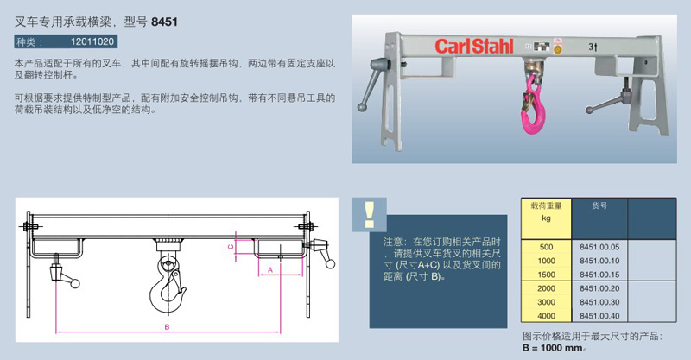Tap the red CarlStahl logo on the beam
click(x=474, y=47)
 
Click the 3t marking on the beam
click(x=593, y=47)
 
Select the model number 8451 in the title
click(x=164, y=22)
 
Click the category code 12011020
click(x=92, y=41)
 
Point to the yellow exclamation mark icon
click(x=369, y=215)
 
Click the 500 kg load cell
click(x=546, y=247)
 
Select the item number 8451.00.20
click(x=599, y=288)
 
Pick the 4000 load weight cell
click(x=546, y=316)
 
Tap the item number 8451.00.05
click(x=599, y=247)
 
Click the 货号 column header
click(x=599, y=205)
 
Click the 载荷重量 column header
click(x=546, y=205)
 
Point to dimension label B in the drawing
click(x=167, y=327)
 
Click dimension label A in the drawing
click(x=270, y=269)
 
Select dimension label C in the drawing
click(x=230, y=247)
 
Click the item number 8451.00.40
click(x=599, y=316)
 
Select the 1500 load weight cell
click(x=546, y=275)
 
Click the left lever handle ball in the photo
click(x=362, y=107)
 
